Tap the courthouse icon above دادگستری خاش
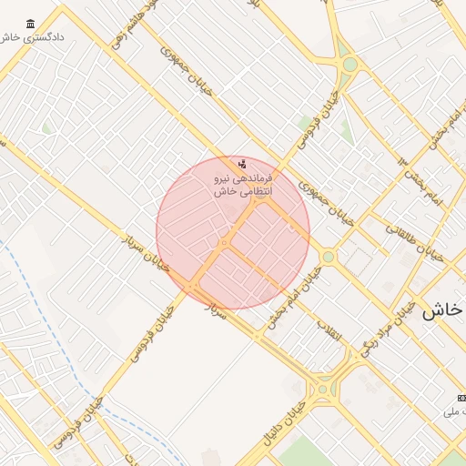click(x=32, y=24)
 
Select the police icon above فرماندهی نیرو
click(x=242, y=165)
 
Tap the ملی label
click(x=452, y=412)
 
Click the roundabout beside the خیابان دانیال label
click(x=322, y=390)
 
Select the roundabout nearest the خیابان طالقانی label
click(x=329, y=258)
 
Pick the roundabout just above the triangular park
click(x=350, y=65)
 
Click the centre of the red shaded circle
click(x=233, y=232)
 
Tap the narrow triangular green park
click(x=345, y=127)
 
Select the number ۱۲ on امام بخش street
click(x=403, y=161)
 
